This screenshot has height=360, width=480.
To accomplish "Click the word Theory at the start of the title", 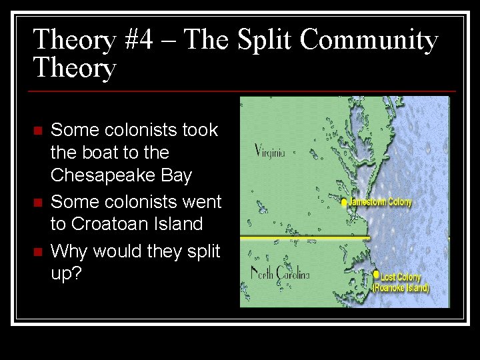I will click(75, 40).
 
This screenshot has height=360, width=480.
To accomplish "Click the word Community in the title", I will click(369, 40).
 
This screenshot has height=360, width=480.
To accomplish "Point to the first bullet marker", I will click(38, 129).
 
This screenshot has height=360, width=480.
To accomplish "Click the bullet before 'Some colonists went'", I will click(38, 201).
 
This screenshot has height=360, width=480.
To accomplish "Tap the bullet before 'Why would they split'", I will click(38, 251).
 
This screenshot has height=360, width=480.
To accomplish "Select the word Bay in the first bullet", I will click(177, 176).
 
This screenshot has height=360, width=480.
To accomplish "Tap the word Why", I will click(70, 251).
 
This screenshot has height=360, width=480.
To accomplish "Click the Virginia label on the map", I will click(270, 151).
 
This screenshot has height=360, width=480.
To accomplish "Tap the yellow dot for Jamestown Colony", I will click(344, 203).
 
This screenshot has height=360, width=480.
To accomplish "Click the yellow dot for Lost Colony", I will click(377, 274).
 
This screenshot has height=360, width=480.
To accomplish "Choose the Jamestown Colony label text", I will click(381, 202).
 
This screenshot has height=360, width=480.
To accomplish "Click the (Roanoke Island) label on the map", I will click(401, 288).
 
